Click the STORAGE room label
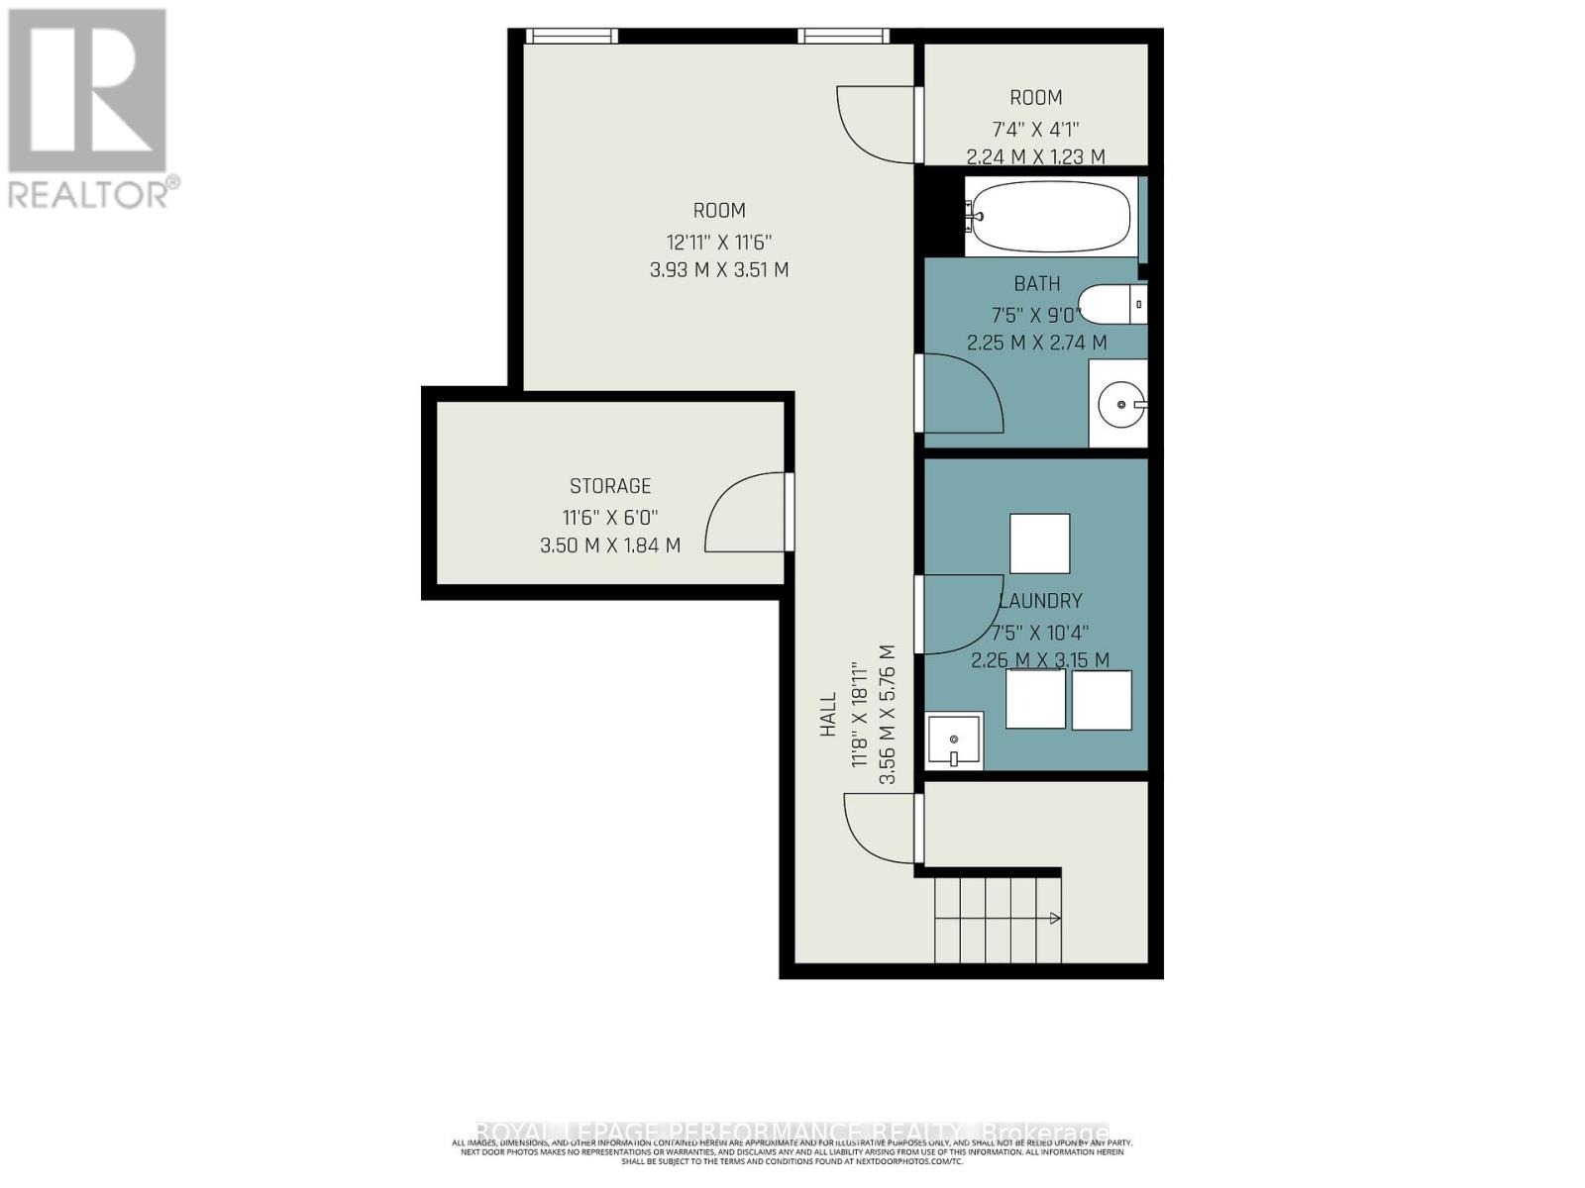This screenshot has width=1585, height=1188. tap(610, 486)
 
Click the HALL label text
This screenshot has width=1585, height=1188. tap(828, 714)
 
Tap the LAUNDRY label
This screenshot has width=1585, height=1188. tap(1041, 601)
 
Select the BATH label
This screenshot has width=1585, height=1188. tap(1037, 284)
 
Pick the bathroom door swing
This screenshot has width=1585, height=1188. tap(961, 393)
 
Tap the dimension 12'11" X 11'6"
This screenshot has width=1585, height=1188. tap(719, 242)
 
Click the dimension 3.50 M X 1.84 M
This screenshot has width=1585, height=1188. tap(610, 545)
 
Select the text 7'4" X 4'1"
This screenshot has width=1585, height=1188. tap(1035, 129)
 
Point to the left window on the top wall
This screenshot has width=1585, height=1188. tap(572, 37)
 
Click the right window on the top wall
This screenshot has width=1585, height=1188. tap(844, 37)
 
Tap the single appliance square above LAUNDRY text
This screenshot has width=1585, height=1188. tap(1039, 544)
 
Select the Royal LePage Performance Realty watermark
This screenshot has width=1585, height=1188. tap(792, 1132)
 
